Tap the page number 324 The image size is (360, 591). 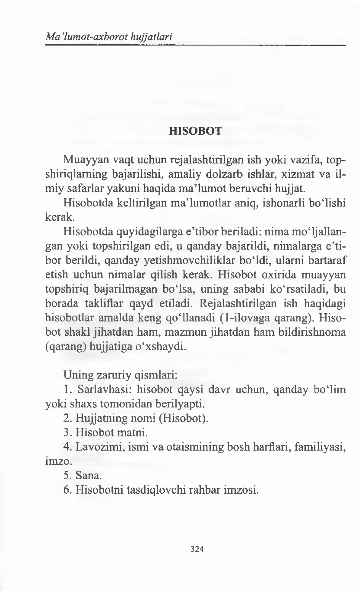[x=197, y=549]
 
